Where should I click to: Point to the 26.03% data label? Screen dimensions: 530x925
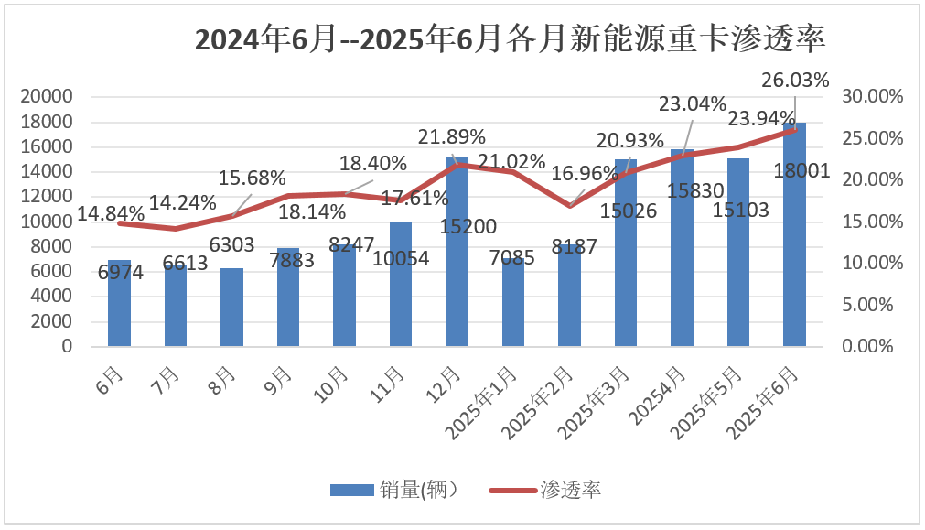pos(794,81)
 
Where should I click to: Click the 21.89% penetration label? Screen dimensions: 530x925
pos(452,137)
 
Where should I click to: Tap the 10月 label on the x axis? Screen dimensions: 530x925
pos(337,376)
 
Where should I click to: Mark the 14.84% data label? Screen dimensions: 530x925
pos(111,214)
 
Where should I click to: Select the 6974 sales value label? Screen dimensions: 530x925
pos(120,274)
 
